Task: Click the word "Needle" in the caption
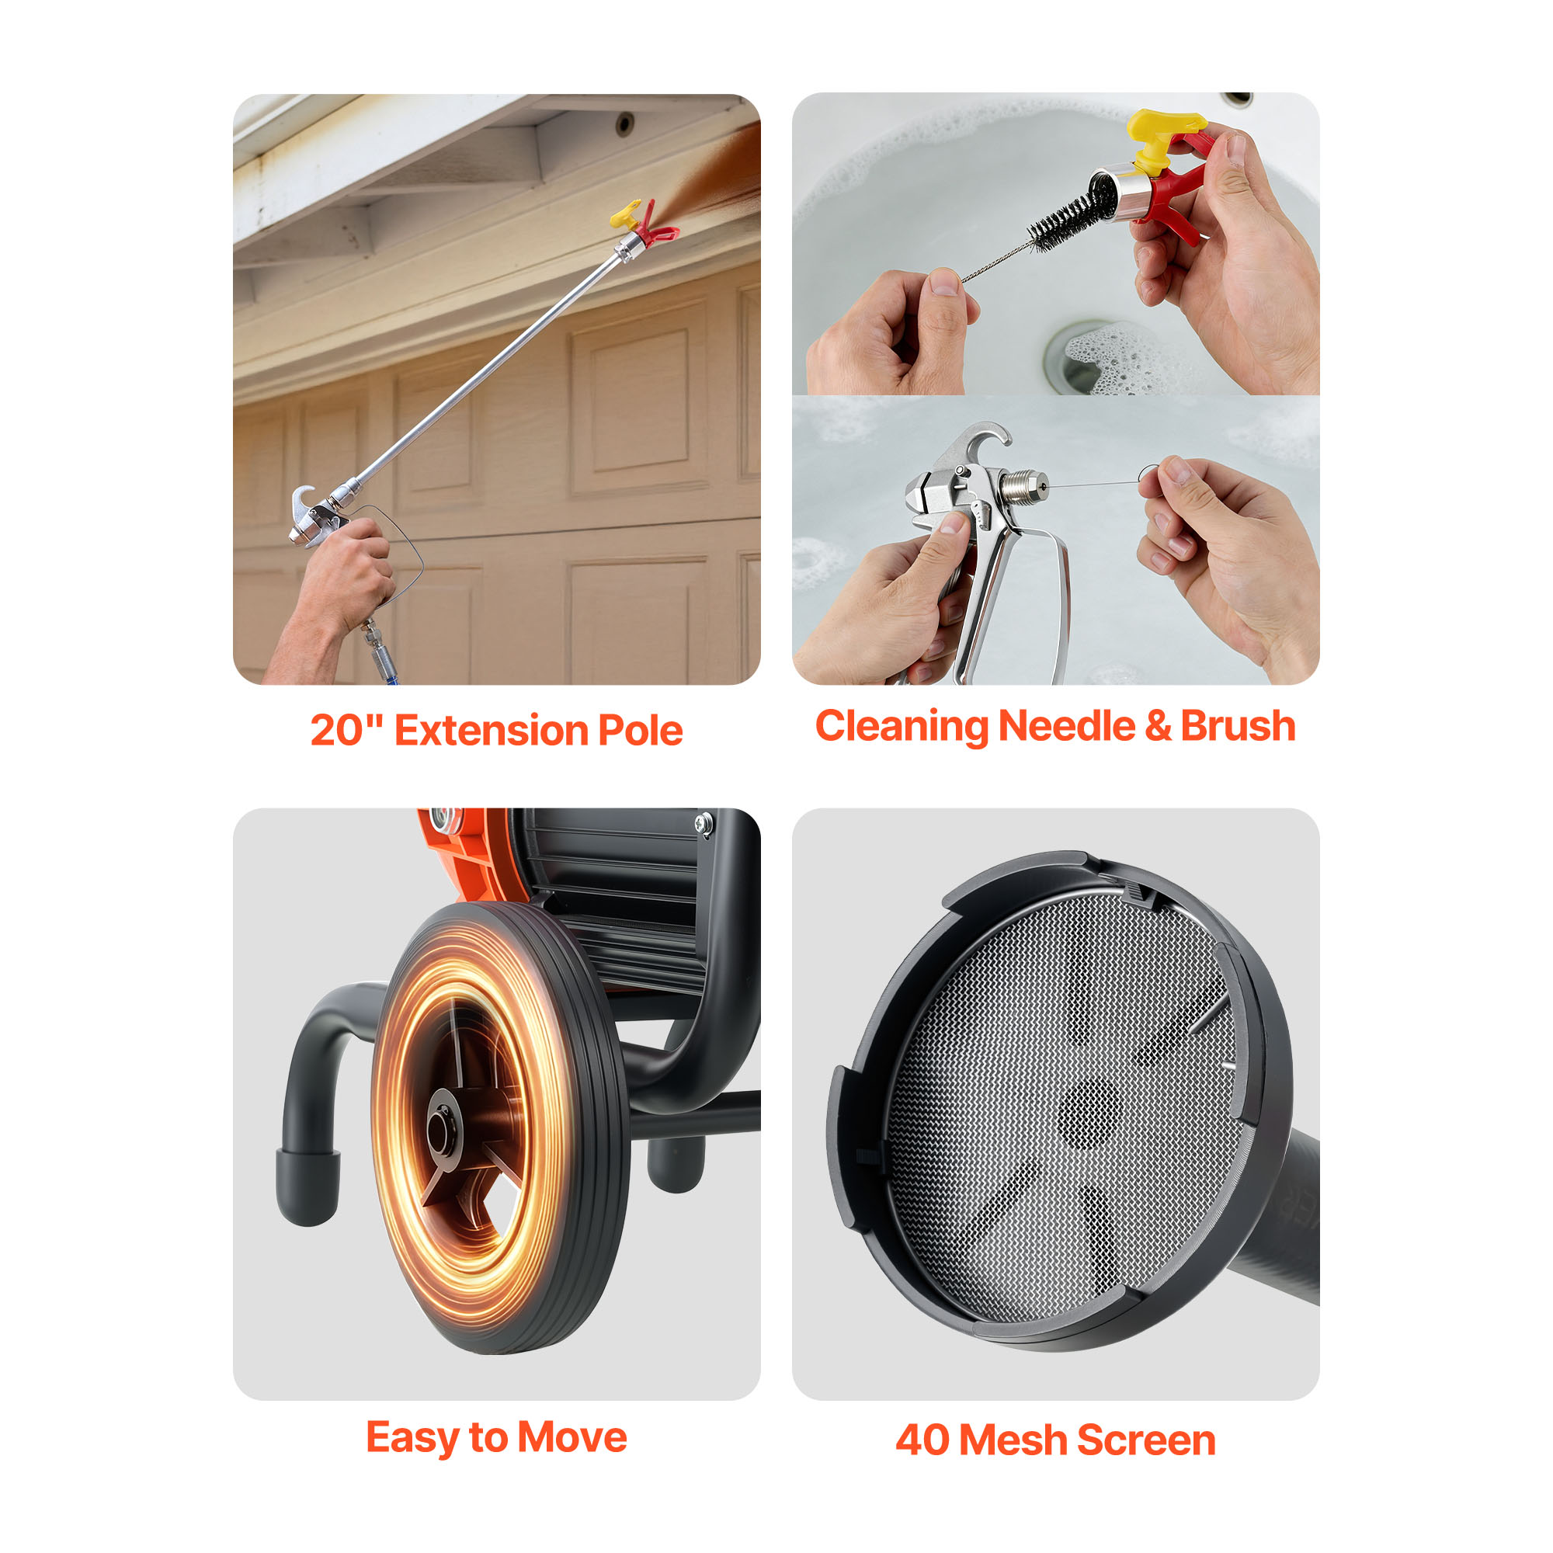(1066, 726)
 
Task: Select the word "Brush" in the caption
(1238, 726)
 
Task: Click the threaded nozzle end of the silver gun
(1024, 485)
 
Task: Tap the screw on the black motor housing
(704, 822)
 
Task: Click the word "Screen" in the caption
(1146, 1440)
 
